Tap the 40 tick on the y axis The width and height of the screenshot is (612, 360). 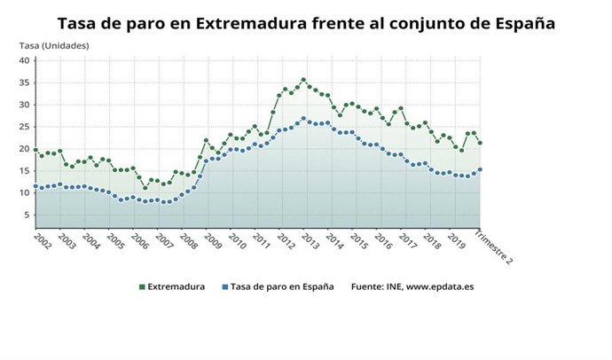(x=25, y=60)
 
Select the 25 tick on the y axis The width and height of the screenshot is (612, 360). (x=25, y=127)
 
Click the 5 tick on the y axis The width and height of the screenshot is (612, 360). (x=27, y=215)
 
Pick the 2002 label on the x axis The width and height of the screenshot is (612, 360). (x=39, y=241)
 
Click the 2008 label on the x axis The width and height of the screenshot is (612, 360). (x=186, y=241)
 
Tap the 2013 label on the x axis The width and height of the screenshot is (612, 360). (x=309, y=241)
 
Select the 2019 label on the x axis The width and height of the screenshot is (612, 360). (x=456, y=241)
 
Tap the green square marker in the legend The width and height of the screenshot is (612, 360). (x=141, y=286)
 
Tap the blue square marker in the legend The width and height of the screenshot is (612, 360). (x=225, y=286)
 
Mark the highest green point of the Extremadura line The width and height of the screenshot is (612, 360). (x=303, y=80)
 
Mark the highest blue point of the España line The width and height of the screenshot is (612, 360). (x=303, y=119)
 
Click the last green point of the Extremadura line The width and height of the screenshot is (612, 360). (x=480, y=143)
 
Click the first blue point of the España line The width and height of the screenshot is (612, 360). (x=35, y=187)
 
